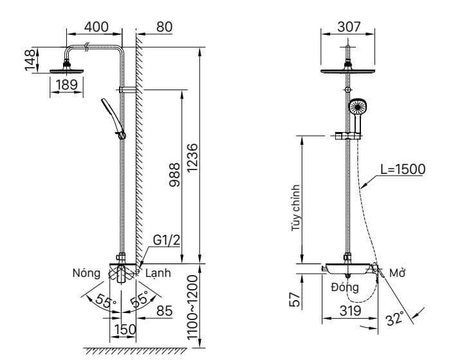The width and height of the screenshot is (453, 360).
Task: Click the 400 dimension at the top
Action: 96,27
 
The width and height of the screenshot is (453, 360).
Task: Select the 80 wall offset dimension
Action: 164,27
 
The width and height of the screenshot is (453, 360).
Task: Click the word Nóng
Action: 86,273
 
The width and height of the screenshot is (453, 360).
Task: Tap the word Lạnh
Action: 158,273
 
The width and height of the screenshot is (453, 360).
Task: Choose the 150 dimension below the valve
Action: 124,330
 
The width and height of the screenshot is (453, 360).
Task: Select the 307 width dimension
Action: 349,27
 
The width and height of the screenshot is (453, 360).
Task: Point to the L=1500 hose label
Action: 402,169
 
